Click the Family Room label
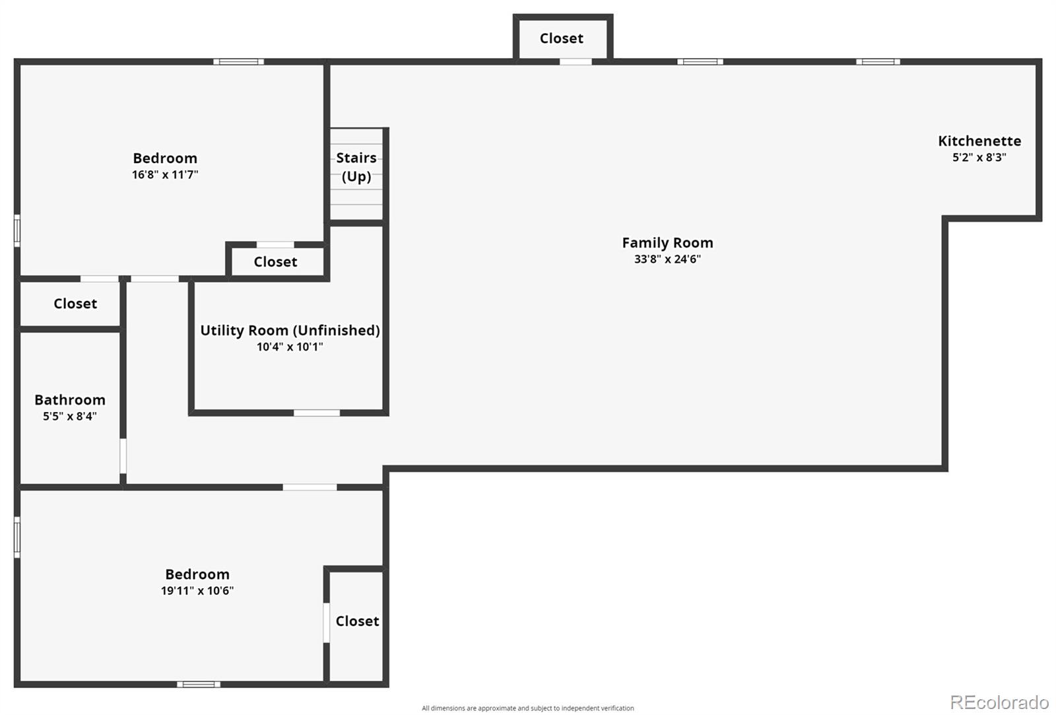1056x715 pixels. [667, 243]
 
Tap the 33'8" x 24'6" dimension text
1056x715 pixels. [667, 259]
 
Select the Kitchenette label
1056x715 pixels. [979, 141]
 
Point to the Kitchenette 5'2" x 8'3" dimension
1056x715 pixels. [979, 158]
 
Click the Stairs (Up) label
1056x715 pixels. [356, 167]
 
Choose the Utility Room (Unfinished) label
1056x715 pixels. [290, 330]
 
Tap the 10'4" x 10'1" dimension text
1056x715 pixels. [290, 347]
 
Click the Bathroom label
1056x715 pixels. [70, 400]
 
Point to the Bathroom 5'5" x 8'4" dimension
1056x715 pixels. [70, 417]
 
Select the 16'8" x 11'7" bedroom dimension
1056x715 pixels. [165, 175]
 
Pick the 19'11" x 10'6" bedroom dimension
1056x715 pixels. [197, 591]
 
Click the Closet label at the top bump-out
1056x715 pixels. [562, 39]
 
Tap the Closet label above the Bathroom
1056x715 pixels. [75, 304]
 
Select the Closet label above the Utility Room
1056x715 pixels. [275, 262]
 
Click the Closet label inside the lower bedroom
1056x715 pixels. [357, 621]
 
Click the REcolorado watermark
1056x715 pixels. [999, 702]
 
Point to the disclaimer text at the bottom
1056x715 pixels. [528, 708]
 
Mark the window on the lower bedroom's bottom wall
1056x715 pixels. [199, 684]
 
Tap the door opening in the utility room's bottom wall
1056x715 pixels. [317, 413]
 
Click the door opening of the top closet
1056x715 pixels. [576, 62]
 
